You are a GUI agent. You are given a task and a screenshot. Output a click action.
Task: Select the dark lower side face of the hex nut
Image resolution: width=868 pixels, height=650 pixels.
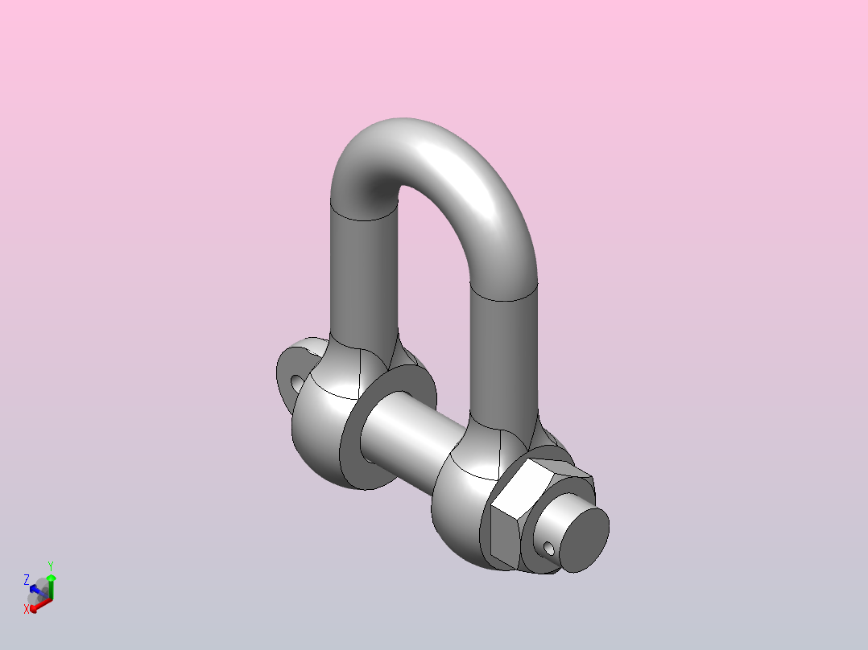coord(504,539)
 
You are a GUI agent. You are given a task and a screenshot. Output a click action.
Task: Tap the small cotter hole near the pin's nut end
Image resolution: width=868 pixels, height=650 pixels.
coord(548,549)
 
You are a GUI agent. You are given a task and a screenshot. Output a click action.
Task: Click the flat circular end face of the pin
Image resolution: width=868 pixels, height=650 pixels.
coord(584,540)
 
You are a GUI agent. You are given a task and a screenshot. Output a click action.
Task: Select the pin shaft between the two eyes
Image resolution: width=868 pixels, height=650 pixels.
coord(412,437)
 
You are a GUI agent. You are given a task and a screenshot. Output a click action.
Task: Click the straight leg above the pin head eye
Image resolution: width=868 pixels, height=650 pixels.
coord(364,277)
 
